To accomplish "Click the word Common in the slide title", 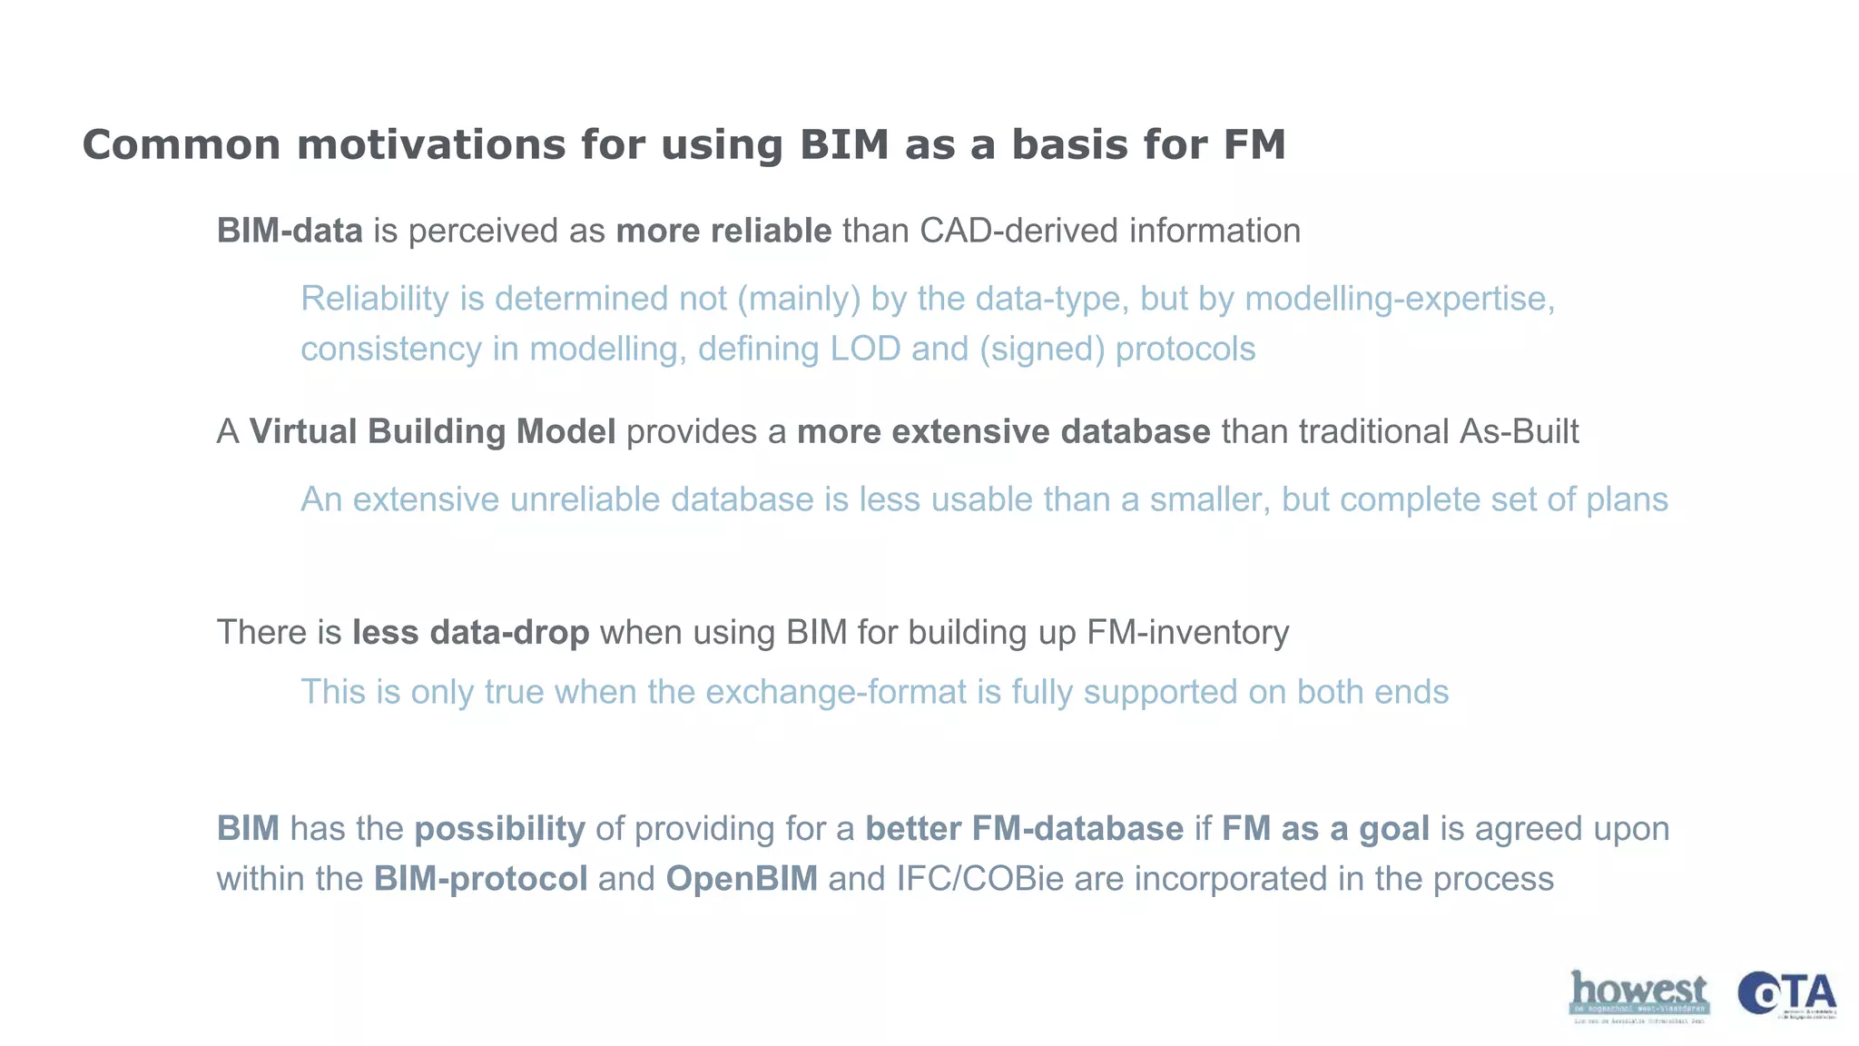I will [x=182, y=145].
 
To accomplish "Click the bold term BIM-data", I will [x=290, y=231].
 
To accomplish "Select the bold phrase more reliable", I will [x=723, y=231].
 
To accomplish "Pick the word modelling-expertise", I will [x=1399, y=299].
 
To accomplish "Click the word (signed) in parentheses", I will [x=1041, y=350].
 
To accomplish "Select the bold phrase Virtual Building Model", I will [x=432, y=431].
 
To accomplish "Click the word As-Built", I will [x=1519, y=431].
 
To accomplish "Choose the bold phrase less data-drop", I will [x=471, y=632].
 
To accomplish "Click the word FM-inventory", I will [x=1187, y=632].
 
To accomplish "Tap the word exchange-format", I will [x=836, y=692].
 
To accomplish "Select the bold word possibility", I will [x=499, y=829].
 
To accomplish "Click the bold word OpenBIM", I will [x=742, y=879].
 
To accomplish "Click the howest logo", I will [x=1638, y=995].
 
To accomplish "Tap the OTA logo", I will [x=1786, y=995].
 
